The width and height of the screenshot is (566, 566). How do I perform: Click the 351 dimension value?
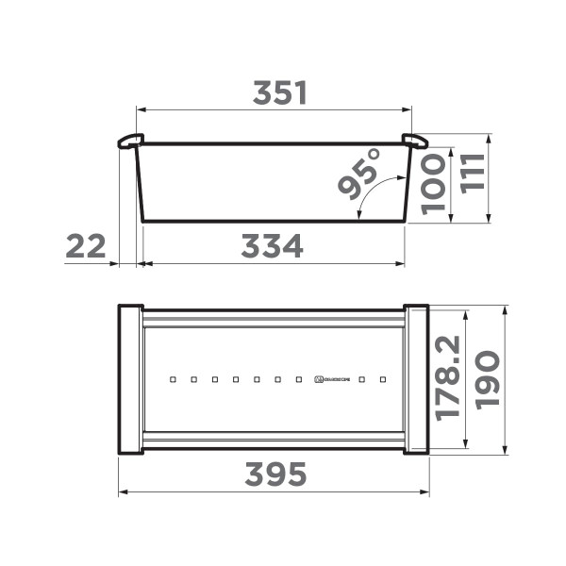(x=280, y=92)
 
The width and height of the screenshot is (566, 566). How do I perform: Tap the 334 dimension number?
(x=272, y=247)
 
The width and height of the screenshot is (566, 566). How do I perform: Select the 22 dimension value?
(x=86, y=247)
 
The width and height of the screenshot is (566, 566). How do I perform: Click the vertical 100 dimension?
(x=433, y=185)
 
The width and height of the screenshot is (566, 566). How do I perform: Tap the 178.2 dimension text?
(x=447, y=377)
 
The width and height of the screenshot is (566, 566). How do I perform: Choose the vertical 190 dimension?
(x=487, y=379)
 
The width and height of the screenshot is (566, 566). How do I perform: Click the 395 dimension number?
(x=275, y=475)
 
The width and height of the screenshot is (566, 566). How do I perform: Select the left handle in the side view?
(x=129, y=141)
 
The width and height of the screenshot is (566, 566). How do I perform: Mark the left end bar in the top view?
(x=130, y=379)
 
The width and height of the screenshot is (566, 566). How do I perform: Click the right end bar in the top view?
(x=416, y=379)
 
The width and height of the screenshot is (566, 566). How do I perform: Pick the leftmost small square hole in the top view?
(x=173, y=380)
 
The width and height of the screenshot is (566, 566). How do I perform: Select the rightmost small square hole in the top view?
(x=384, y=380)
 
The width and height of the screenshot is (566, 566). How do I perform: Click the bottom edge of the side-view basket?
(x=274, y=222)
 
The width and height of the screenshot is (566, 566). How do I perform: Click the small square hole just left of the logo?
(x=299, y=380)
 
